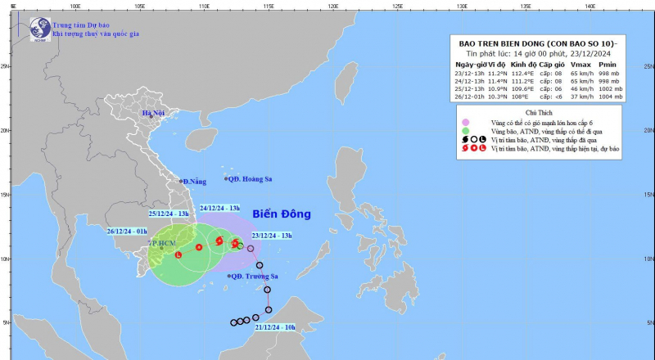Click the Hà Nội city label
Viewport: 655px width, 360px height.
click(x=154, y=113)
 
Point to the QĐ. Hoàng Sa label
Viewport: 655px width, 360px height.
click(x=251, y=178)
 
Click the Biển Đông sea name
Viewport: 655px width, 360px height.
click(x=282, y=214)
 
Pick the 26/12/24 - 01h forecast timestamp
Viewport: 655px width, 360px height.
click(x=133, y=231)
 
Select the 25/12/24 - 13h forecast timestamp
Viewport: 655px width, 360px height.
click(x=169, y=214)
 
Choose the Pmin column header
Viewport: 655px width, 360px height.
click(x=607, y=63)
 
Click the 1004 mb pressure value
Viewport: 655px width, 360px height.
click(x=609, y=97)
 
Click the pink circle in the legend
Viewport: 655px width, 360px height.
click(x=465, y=122)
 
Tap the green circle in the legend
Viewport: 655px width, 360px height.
click(x=465, y=131)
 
